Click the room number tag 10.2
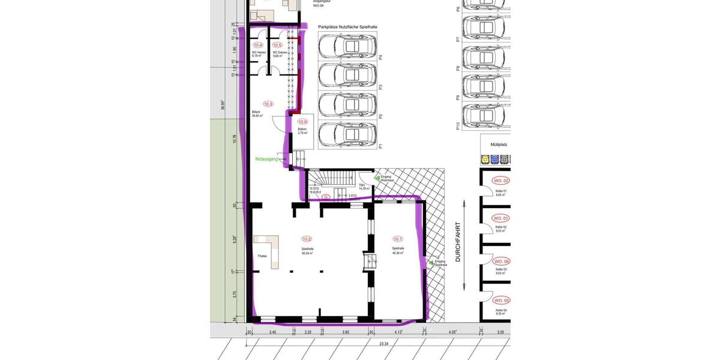pos(307,239)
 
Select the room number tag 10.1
pos(398,239)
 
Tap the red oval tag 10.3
pos(268,104)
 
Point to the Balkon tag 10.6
pos(302,121)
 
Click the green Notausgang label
pos(266,159)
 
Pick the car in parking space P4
pos(348,46)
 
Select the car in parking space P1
pos(348,134)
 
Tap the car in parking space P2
pos(348,104)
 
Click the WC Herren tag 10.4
pos(258,45)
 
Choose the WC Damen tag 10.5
pos(277,45)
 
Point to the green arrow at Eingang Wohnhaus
pos(377,178)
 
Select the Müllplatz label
pos(499,145)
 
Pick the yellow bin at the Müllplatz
pos(485,160)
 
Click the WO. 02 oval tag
pos(501,181)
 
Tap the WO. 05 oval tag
pos(501,300)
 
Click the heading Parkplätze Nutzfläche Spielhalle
pos(347,27)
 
